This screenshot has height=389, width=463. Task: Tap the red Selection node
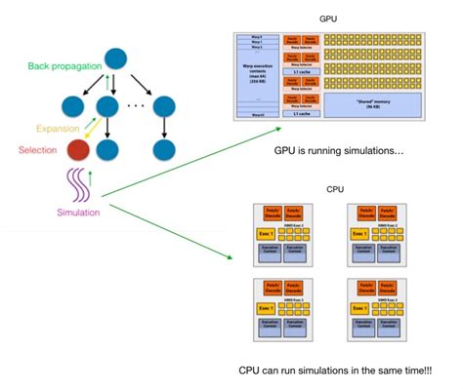click(x=78, y=151)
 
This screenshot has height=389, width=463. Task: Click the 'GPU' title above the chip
click(x=328, y=19)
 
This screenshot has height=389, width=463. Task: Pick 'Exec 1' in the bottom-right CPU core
click(x=358, y=308)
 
